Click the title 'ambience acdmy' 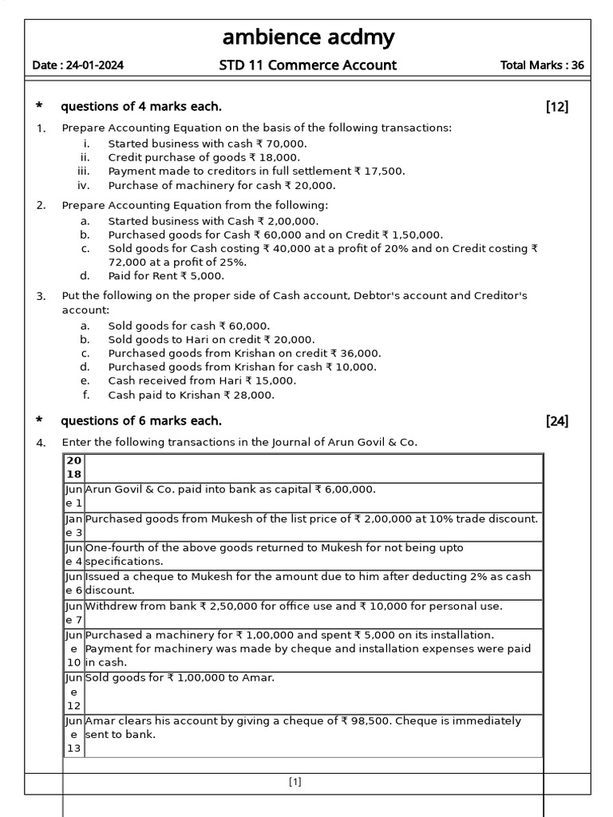pyautogui.click(x=307, y=37)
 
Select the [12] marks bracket pyautogui.click(x=557, y=107)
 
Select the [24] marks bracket pyautogui.click(x=557, y=421)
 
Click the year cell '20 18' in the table pyautogui.click(x=73, y=468)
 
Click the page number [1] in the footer pyautogui.click(x=295, y=783)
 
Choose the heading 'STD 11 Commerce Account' pyautogui.click(x=307, y=65)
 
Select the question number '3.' pyautogui.click(x=42, y=296)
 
